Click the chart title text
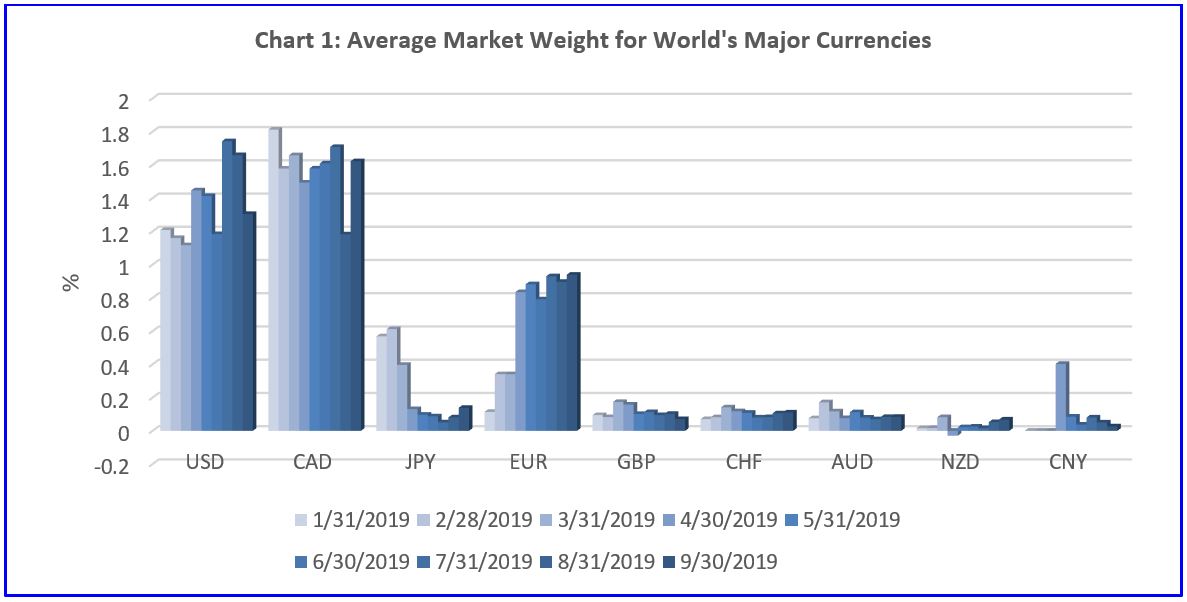point(593,41)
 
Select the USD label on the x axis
point(205,463)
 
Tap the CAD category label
point(313,463)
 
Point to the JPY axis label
point(421,463)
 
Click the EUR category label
point(529,463)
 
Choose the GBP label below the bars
point(637,463)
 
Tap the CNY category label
point(1069,463)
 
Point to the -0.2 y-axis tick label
point(113,465)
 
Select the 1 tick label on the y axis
point(124,266)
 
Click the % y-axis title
point(71,282)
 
